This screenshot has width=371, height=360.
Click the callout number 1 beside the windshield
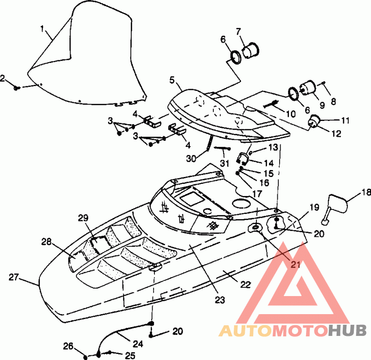click(42, 29)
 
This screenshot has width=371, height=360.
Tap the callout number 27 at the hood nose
click(13, 277)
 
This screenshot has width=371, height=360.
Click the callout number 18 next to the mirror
click(366, 192)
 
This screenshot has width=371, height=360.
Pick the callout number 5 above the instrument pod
click(172, 80)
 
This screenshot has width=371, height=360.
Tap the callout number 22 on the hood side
click(245, 284)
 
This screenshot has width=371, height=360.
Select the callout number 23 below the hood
click(220, 300)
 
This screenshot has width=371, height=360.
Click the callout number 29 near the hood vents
click(83, 218)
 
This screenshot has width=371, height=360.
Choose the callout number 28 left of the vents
click(46, 242)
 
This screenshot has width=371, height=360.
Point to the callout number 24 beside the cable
click(138, 344)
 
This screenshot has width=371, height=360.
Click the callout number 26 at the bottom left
click(68, 346)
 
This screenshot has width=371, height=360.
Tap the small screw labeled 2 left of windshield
click(16, 88)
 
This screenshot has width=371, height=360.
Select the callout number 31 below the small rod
click(225, 163)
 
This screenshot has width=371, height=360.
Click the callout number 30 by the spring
click(191, 158)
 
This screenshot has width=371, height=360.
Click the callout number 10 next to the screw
click(291, 114)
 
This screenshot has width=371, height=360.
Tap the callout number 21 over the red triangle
click(295, 265)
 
